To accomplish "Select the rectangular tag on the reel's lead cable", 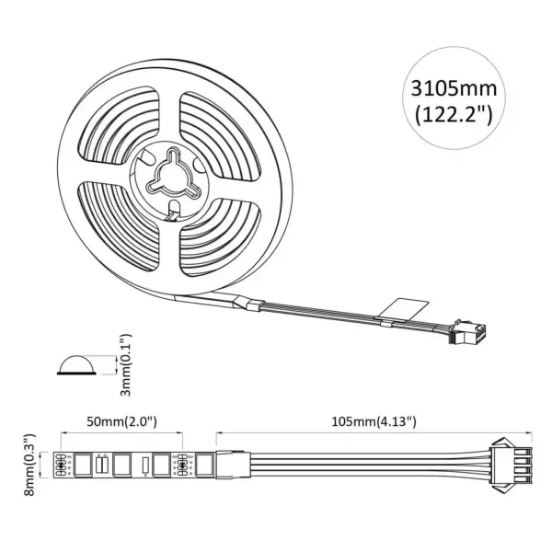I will [405, 310].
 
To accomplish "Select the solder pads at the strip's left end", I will [63, 465].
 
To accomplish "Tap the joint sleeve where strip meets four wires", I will [234, 465].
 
